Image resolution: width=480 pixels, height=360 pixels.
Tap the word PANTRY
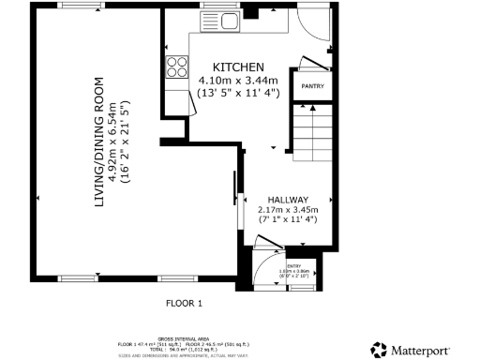312,87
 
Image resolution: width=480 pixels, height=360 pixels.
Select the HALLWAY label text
288,200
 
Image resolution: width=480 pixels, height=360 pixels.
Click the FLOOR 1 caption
184,303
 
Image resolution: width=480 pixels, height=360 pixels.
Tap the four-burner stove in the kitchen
176,66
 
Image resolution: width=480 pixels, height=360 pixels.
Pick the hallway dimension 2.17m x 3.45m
288,210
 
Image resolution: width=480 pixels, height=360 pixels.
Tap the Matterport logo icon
379,349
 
